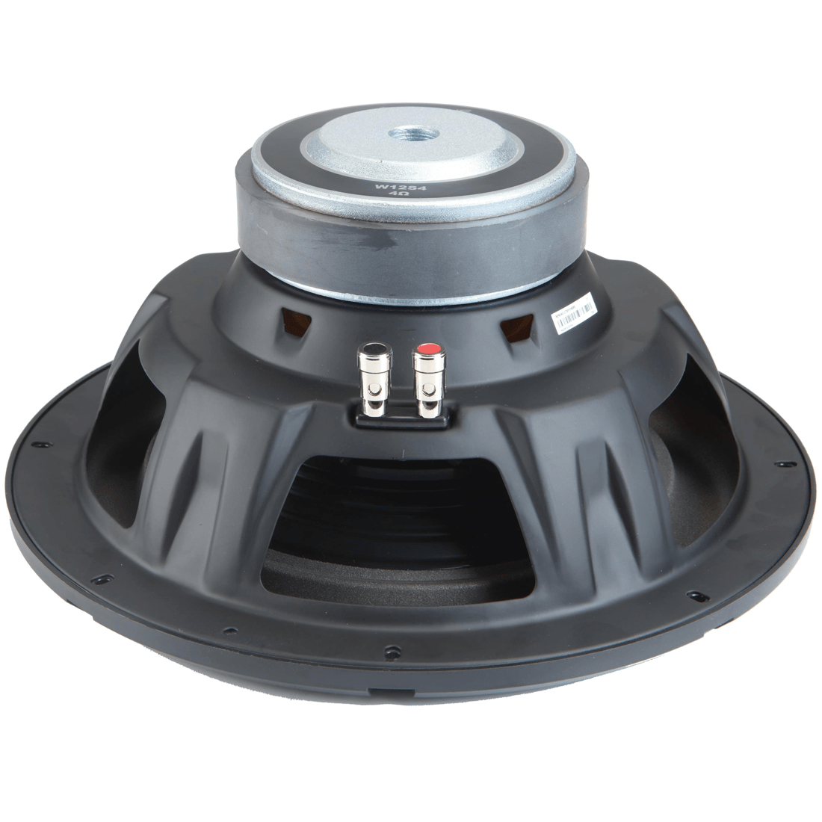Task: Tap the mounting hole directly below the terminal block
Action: pyautogui.click(x=387, y=646)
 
